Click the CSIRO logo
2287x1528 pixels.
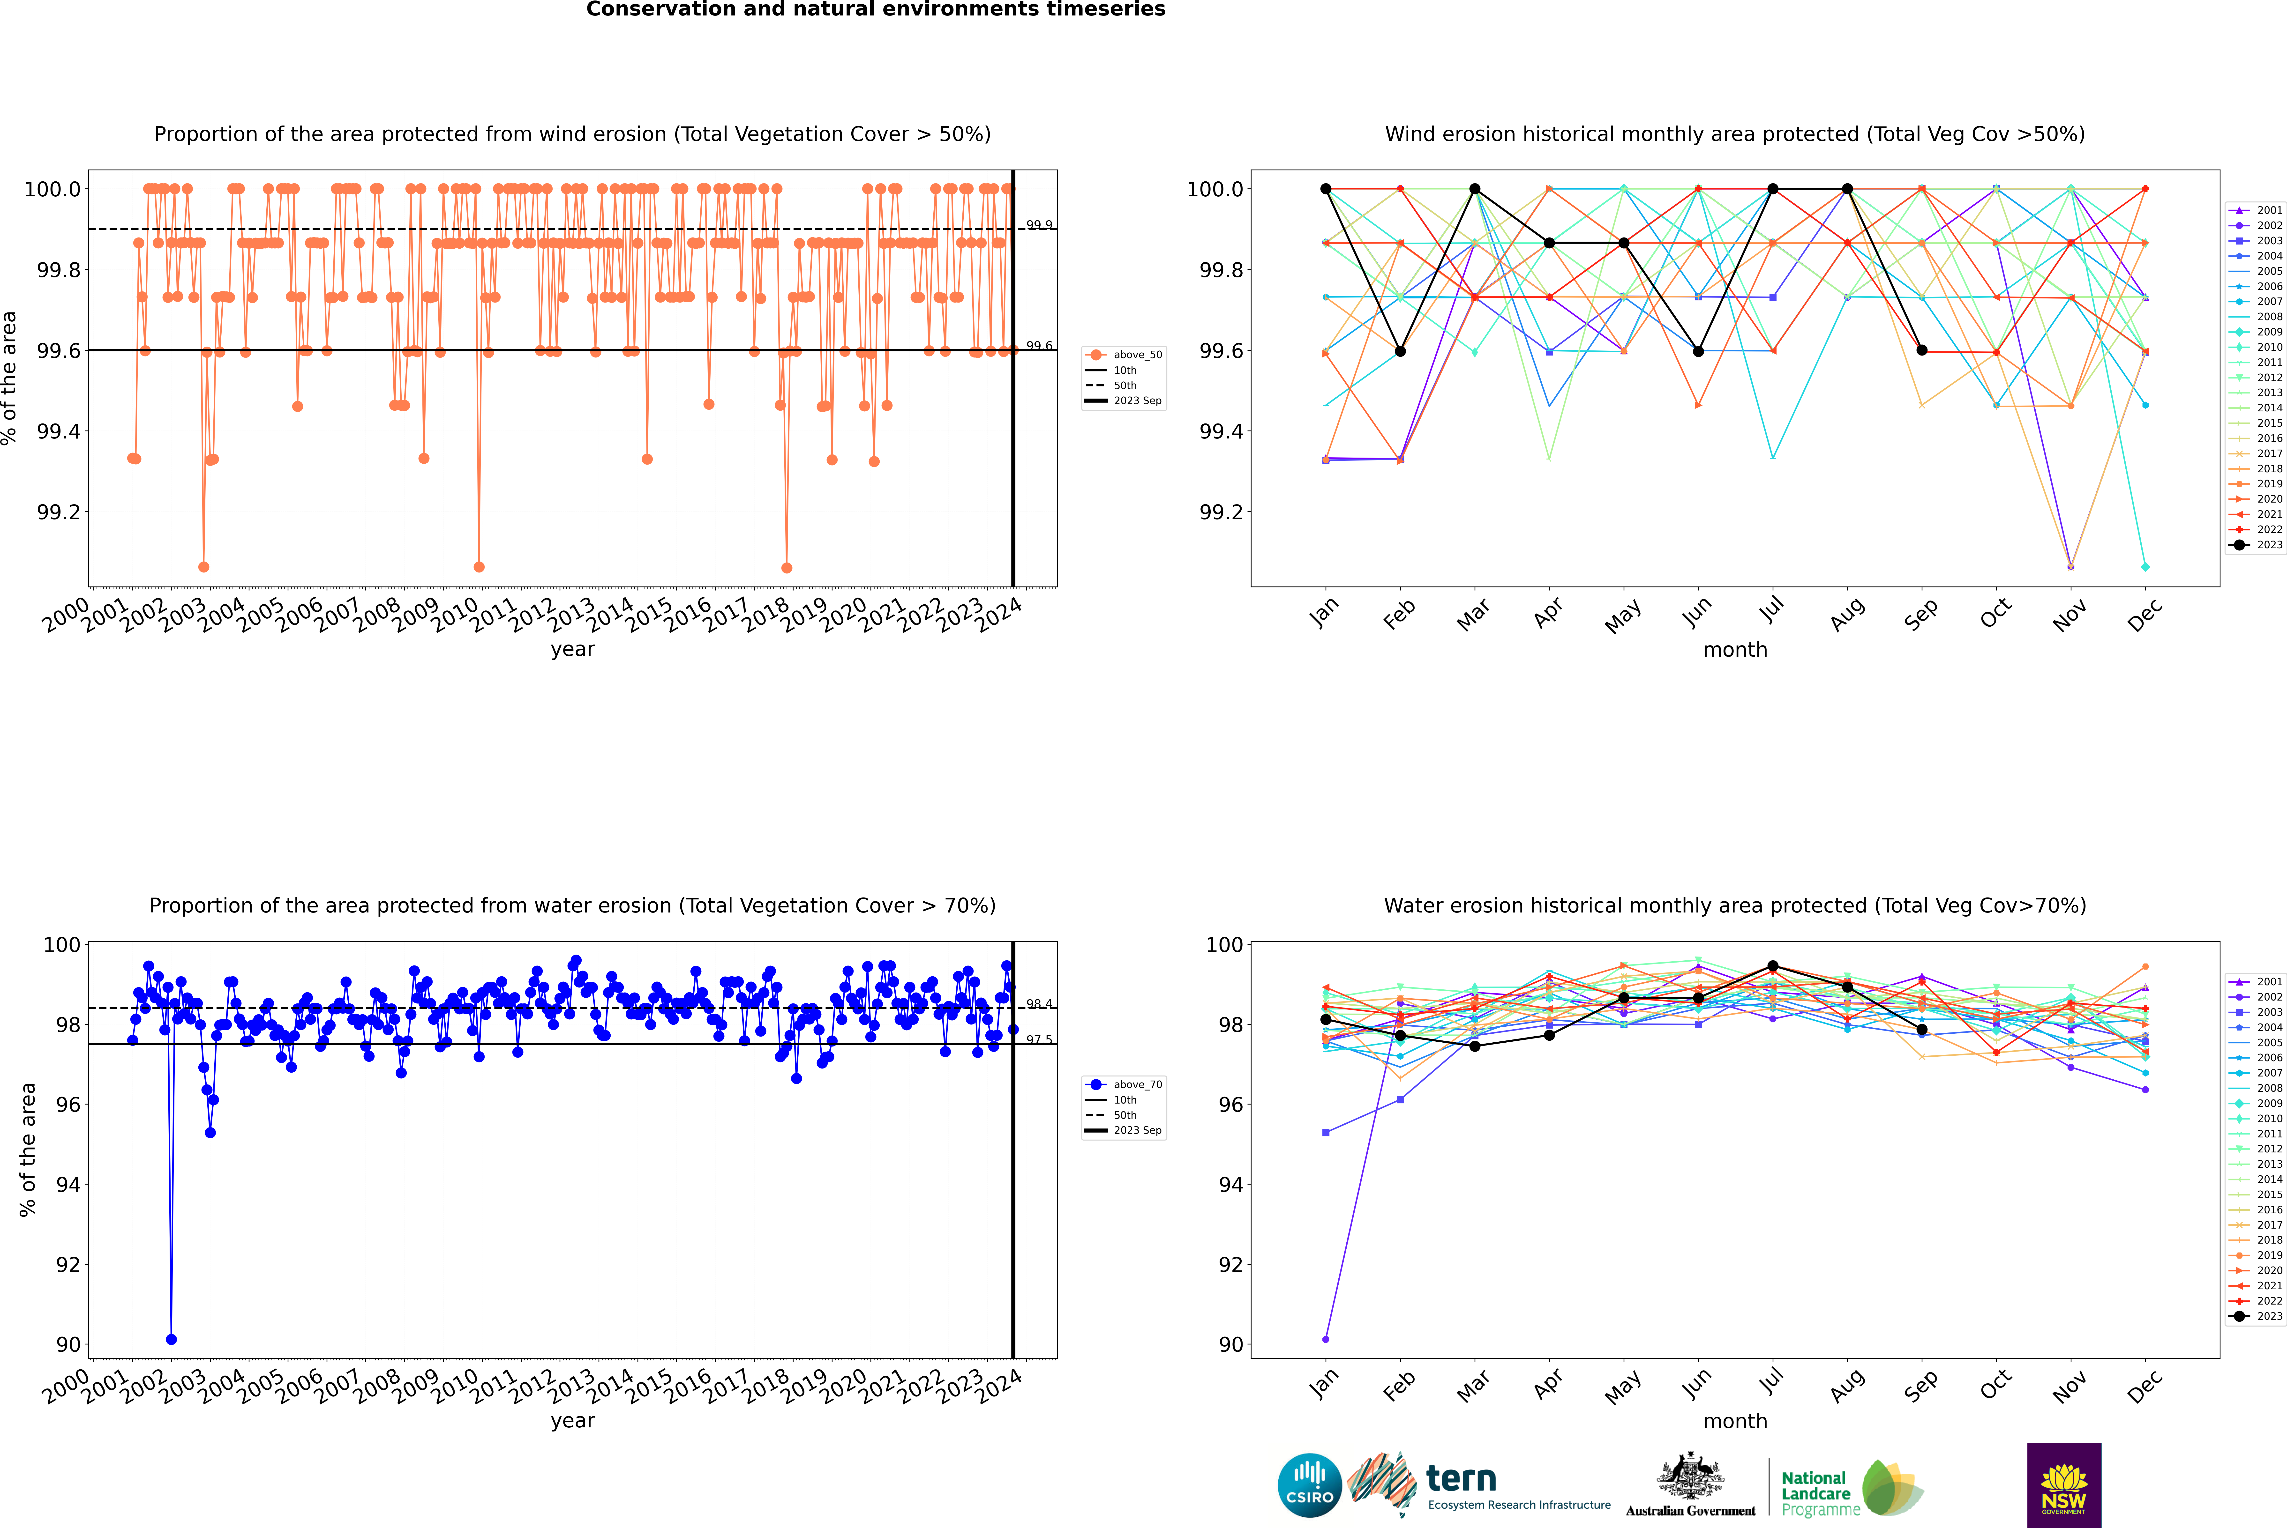pyautogui.click(x=1309, y=1485)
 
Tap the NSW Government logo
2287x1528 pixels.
pyautogui.click(x=2064, y=1485)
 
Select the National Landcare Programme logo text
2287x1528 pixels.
pyautogui.click(x=1815, y=1493)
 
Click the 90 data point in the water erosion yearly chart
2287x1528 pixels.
pyautogui.click(x=172, y=1339)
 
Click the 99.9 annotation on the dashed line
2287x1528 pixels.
pyautogui.click(x=1039, y=225)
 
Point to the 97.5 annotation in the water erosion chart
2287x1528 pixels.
pyautogui.click(x=1039, y=1040)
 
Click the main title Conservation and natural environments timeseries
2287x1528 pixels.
pyautogui.click(x=875, y=10)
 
